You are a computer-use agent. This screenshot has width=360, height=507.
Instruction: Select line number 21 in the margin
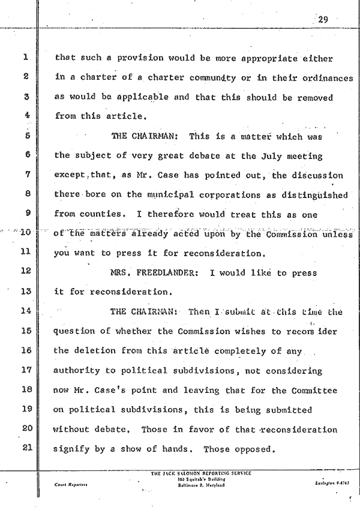click(24, 447)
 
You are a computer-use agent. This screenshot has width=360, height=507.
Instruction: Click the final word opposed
click(256, 448)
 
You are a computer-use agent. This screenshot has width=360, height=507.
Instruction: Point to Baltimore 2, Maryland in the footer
click(202, 484)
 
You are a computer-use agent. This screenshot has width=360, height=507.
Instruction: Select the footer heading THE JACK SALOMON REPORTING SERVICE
click(202, 473)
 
